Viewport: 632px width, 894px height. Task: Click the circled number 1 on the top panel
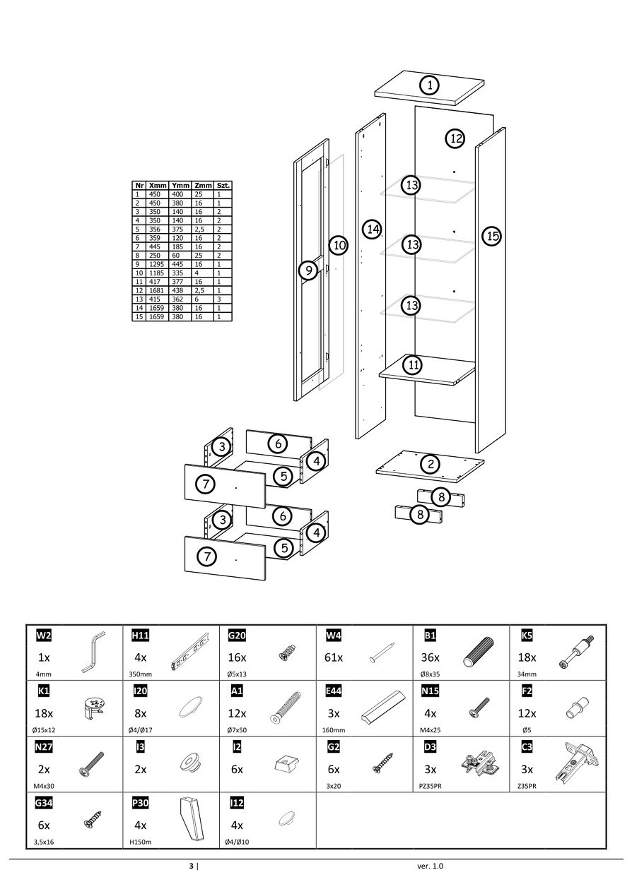click(x=429, y=85)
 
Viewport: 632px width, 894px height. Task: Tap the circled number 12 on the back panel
click(x=455, y=138)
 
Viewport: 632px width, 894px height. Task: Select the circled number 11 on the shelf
click(x=412, y=365)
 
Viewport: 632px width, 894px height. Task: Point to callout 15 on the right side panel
click(x=492, y=236)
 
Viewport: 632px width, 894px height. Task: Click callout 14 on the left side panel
click(x=373, y=229)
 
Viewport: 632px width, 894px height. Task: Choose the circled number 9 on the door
click(x=308, y=270)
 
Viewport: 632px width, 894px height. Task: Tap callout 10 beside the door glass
click(x=339, y=246)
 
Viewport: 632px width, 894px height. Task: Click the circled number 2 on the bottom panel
click(x=429, y=464)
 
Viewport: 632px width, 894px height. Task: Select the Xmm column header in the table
click(x=158, y=185)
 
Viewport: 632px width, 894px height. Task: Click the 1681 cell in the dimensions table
click(x=156, y=290)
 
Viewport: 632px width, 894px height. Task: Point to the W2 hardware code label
click(x=44, y=636)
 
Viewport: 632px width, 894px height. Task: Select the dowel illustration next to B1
click(x=480, y=650)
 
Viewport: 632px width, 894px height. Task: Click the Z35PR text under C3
click(x=527, y=785)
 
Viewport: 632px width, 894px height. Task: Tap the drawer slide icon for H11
click(x=190, y=650)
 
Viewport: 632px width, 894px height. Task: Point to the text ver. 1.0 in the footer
click(x=431, y=866)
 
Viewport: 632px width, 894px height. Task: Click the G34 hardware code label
click(x=44, y=803)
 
